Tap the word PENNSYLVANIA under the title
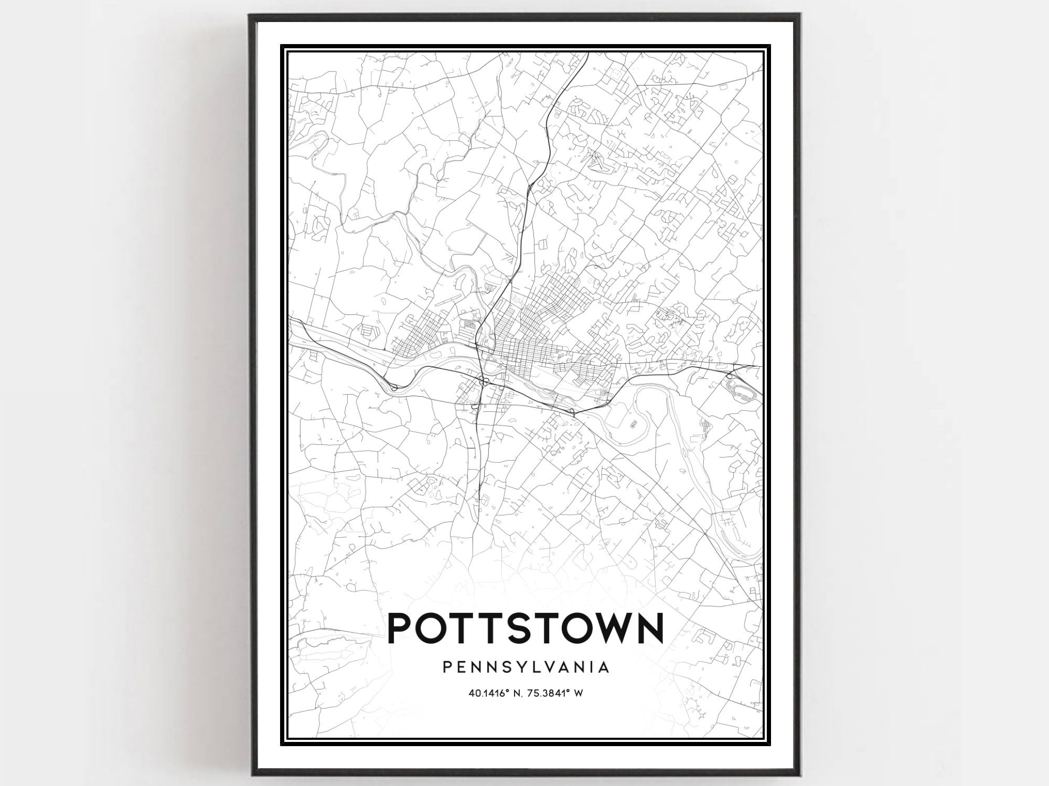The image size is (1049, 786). point(526,667)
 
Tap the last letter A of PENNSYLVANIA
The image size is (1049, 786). point(604,667)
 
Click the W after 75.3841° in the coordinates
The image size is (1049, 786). point(579,693)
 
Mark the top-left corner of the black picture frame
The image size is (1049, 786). point(250,15)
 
